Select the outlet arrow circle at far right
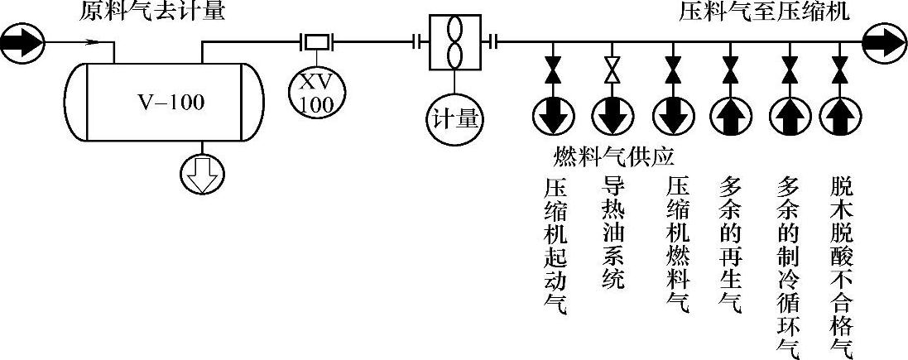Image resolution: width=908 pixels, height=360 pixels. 885,41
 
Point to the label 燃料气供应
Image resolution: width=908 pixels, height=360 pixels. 615,156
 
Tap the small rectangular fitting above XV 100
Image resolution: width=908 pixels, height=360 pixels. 315,41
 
